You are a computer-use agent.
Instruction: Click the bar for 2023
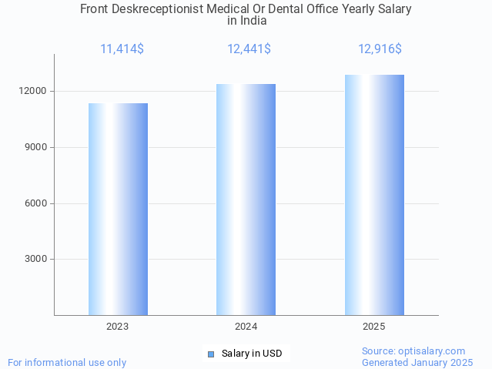[x=118, y=209]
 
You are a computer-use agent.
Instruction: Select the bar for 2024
[x=246, y=200]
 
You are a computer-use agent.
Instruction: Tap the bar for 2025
[x=374, y=195]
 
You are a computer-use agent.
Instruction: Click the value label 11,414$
[x=122, y=49]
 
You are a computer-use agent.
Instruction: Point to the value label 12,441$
[x=249, y=49]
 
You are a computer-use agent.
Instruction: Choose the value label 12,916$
[x=380, y=49]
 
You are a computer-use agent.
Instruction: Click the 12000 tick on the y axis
[x=33, y=91]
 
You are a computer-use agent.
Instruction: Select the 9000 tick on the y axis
[x=35, y=147]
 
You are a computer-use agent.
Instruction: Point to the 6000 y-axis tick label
[x=35, y=203]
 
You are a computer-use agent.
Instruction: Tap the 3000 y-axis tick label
[x=35, y=260]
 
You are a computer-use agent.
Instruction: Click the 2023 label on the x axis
[x=118, y=327]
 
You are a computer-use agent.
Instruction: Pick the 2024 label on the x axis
[x=246, y=327]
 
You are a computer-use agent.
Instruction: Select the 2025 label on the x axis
[x=374, y=327]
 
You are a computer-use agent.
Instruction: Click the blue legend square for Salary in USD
[x=211, y=354]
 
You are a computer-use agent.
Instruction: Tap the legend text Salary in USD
[x=252, y=354]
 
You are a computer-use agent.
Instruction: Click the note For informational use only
[x=67, y=362]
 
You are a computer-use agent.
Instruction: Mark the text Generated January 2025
[x=417, y=362]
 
